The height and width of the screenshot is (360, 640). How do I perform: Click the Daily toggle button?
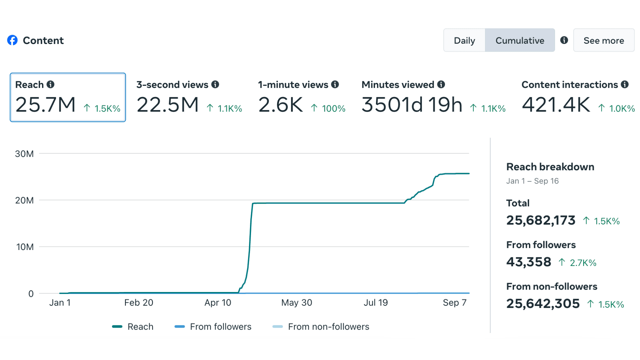pos(464,40)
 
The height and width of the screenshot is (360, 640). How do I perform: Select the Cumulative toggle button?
pos(520,40)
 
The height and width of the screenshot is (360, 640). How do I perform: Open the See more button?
pos(604,40)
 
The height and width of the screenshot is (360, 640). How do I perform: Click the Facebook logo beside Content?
pos(12,40)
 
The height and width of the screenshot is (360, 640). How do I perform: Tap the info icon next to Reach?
pos(50,84)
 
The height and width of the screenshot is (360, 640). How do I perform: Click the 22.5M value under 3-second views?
pos(167,105)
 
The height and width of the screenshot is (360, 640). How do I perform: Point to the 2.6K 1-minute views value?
pos(280,105)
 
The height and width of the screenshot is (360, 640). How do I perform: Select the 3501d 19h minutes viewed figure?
pos(412,105)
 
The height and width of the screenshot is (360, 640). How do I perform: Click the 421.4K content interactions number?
pos(556,105)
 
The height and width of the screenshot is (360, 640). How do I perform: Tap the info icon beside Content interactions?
pos(625,84)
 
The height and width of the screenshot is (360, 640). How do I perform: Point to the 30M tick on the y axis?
pos(24,154)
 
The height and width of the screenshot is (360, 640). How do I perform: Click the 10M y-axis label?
pos(25,247)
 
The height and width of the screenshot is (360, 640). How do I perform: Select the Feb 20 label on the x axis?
pos(139,303)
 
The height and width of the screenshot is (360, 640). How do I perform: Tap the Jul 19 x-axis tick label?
pos(376,303)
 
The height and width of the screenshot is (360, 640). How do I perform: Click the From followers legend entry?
pos(213,327)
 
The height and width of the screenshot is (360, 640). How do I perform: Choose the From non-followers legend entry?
pos(321,327)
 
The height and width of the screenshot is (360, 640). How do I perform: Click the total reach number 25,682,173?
pos(541,220)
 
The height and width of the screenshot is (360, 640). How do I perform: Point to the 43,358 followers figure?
pos(529,262)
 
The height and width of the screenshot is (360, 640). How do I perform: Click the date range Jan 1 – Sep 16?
pos(532,181)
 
